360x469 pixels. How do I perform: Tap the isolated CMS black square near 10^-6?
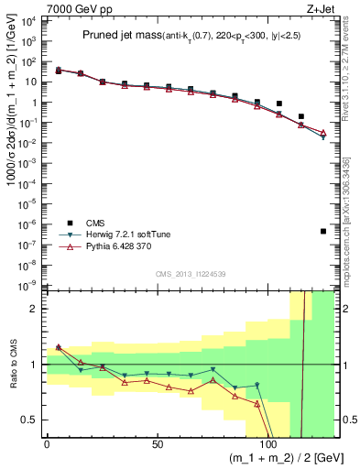pyautogui.click(x=323, y=231)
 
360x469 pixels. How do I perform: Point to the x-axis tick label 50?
pyautogui.click(x=158, y=444)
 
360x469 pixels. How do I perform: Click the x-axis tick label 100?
pyautogui.click(x=268, y=444)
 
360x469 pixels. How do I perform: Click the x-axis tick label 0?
pyautogui.click(x=47, y=444)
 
